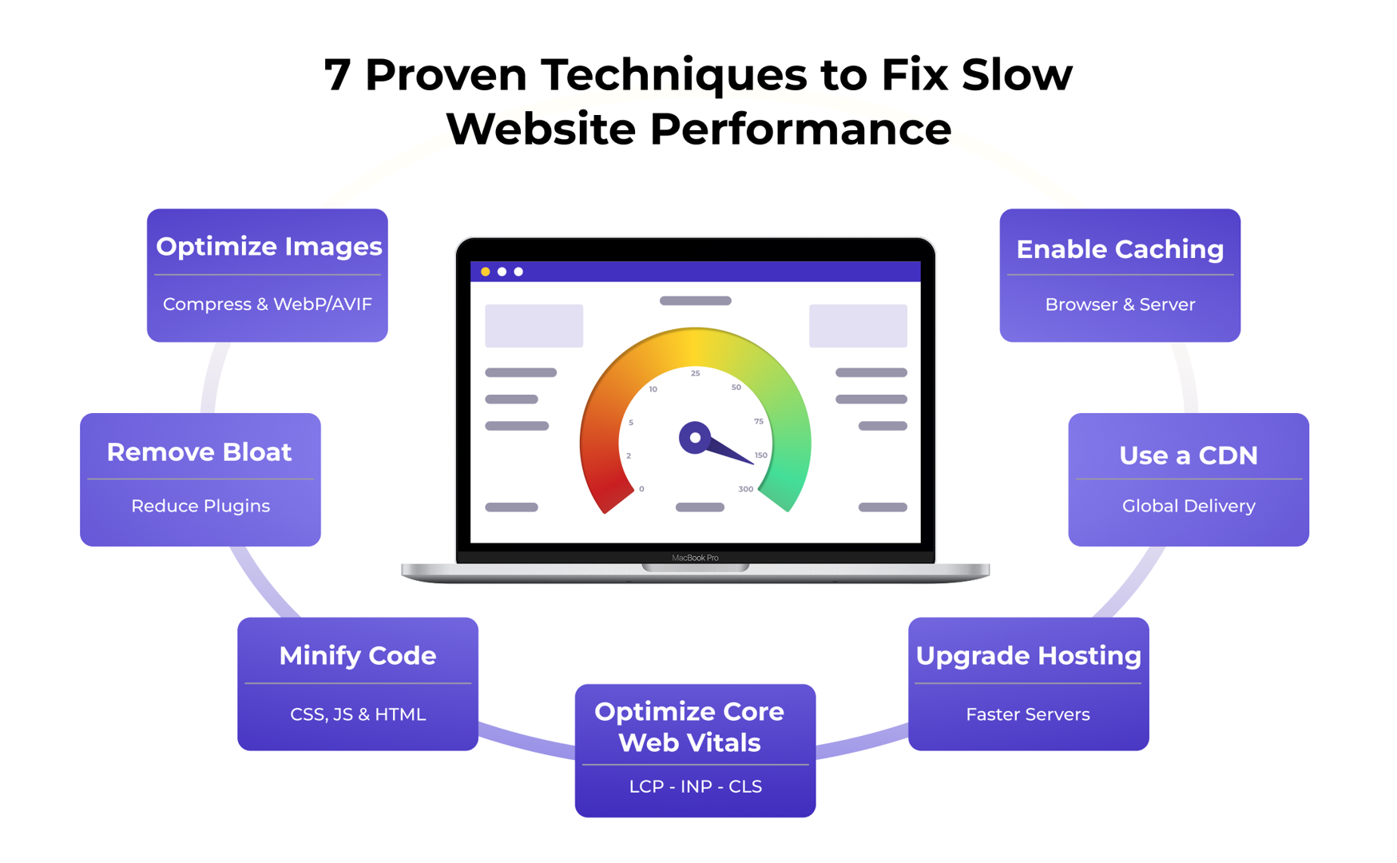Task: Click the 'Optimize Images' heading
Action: click(268, 246)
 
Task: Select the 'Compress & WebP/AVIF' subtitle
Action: click(268, 304)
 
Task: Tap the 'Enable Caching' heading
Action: click(1120, 249)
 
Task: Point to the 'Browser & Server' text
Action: click(1120, 304)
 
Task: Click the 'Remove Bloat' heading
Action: click(199, 452)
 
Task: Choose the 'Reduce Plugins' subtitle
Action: click(200, 506)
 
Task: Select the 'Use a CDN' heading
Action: click(1189, 455)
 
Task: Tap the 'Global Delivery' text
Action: click(1189, 506)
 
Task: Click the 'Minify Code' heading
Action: click(358, 656)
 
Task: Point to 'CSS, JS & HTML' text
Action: click(358, 714)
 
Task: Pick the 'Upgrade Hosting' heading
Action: click(1028, 656)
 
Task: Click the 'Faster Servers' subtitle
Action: click(1028, 714)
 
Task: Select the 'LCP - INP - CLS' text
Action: click(695, 787)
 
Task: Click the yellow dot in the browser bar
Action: click(485, 272)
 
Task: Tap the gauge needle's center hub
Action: click(695, 438)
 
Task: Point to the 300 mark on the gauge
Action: click(745, 489)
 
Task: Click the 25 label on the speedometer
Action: click(696, 373)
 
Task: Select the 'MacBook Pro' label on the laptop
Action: click(695, 558)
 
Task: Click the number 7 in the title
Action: click(337, 75)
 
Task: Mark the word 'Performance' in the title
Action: click(800, 129)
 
